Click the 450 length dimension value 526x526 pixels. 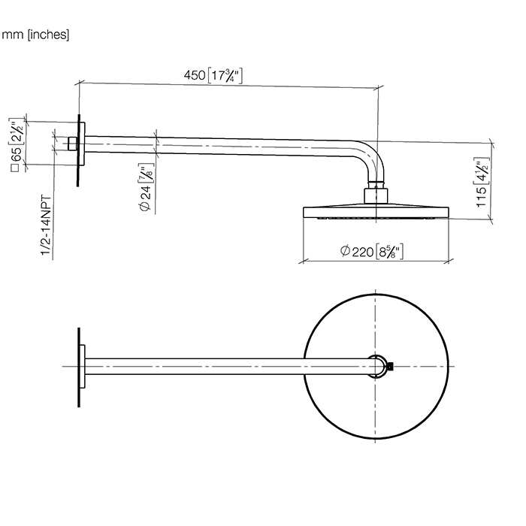coord(195,75)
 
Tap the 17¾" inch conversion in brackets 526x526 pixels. coord(225,76)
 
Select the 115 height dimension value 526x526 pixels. coord(482,197)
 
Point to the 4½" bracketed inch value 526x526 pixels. coord(482,170)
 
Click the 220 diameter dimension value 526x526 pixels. coord(363,252)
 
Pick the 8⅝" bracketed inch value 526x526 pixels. coord(389,252)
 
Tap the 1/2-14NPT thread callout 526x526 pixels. coord(47,225)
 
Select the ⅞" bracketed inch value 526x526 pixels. coord(146,173)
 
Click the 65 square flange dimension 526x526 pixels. coord(16,155)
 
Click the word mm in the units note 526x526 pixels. coord(13,35)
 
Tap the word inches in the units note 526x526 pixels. coord(48,35)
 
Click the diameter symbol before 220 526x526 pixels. coord(345,251)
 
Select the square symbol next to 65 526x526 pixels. coord(16,168)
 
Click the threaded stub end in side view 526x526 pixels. coord(73,144)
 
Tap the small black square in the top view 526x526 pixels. coord(390,367)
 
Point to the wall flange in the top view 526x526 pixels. coord(81,367)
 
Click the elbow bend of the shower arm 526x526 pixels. coord(372,159)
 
